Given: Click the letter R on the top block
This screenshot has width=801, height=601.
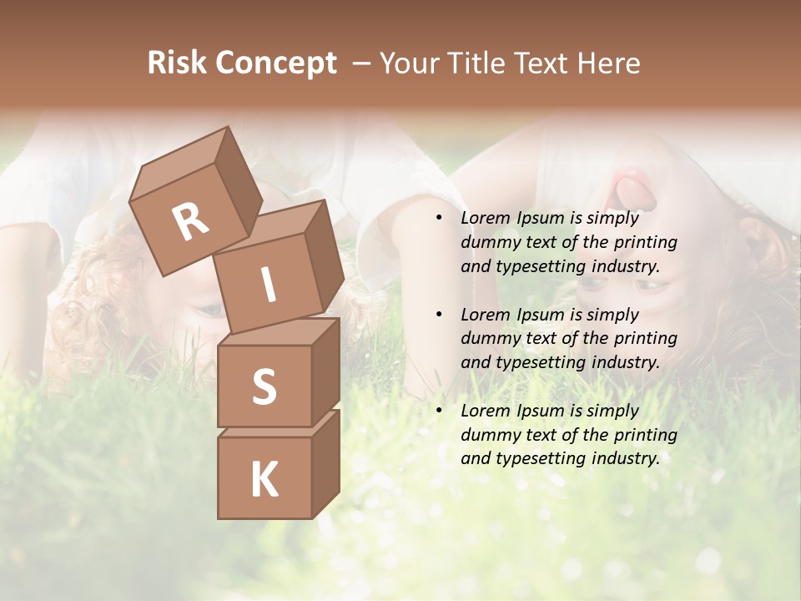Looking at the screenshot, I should point(190,221).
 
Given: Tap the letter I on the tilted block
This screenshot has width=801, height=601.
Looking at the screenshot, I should point(269,285).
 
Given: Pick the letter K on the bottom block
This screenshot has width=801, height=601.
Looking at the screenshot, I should point(264,479).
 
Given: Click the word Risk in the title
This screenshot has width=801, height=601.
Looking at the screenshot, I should point(176,63).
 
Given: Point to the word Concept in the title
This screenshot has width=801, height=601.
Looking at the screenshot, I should point(275,63).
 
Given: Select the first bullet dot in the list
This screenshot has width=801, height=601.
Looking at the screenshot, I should point(438,219).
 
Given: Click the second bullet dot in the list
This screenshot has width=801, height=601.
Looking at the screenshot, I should point(438,315).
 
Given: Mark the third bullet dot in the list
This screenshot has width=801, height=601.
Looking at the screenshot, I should point(438,411).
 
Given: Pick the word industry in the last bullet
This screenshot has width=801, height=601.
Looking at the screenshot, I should point(627,458).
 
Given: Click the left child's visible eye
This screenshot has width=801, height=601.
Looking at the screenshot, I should point(209,311).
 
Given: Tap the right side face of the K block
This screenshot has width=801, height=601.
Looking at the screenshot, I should point(325,463).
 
